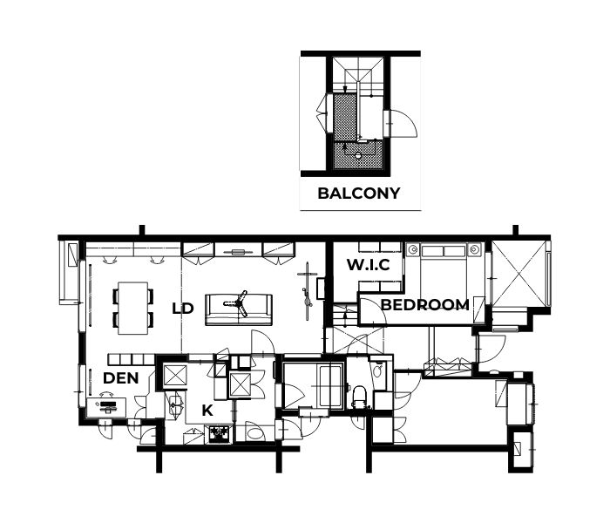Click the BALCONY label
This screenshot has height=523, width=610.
(x=359, y=193)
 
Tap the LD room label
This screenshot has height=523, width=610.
(x=183, y=309)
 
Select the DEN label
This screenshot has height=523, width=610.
(x=120, y=377)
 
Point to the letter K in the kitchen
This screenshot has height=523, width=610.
(x=207, y=411)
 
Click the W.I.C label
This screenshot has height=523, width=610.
(x=368, y=265)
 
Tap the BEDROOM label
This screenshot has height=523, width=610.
(x=425, y=305)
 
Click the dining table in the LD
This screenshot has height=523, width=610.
(x=133, y=308)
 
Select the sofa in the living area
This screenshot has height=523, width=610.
(x=239, y=309)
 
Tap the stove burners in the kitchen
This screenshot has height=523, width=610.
(x=220, y=434)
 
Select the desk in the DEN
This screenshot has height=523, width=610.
(x=106, y=407)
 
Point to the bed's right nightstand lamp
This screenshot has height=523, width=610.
(x=474, y=249)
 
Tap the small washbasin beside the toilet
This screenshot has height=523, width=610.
(x=377, y=370)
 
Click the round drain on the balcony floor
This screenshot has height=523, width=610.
(x=358, y=155)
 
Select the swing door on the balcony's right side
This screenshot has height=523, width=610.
(x=403, y=123)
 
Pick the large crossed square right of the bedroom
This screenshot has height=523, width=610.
(x=519, y=274)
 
